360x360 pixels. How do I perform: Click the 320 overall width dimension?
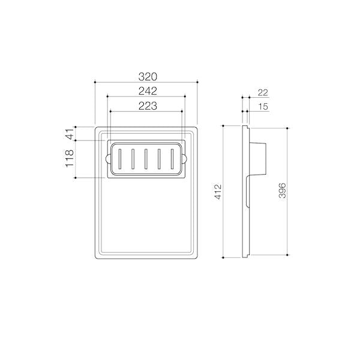148,77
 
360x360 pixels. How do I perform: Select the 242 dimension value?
148,91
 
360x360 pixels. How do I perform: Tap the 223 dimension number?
148,106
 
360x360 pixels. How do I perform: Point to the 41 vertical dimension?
70,133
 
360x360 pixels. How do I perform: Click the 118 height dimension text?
70,158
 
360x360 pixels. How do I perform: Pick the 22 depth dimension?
263,93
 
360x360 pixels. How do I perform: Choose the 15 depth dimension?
263,107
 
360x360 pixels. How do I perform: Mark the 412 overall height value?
218,191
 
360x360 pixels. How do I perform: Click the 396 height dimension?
282,191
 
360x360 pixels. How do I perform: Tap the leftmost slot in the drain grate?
119,159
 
